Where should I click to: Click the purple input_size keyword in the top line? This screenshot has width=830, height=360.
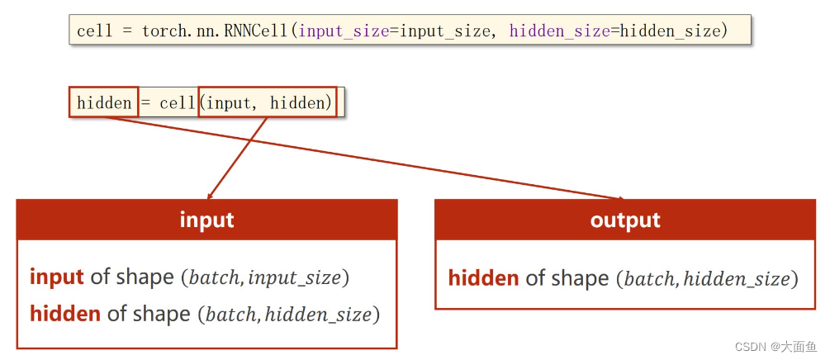(x=343, y=31)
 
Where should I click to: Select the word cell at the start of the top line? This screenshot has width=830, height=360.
(x=94, y=31)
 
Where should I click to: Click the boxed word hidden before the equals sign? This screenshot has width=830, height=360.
(x=104, y=102)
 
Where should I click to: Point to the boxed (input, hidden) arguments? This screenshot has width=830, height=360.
(x=268, y=102)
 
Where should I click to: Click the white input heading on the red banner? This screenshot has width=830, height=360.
(x=206, y=220)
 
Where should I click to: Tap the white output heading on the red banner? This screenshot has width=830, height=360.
(x=625, y=220)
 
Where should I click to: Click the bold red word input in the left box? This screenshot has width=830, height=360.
(x=57, y=277)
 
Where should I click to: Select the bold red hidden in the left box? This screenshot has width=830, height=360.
(x=65, y=313)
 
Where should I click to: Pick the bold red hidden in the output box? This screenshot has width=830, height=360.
(x=484, y=278)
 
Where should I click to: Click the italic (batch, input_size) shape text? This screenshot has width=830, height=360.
(x=265, y=277)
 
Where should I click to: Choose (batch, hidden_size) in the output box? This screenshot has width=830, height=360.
(x=707, y=279)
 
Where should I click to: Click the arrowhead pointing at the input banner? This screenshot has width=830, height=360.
(x=210, y=197)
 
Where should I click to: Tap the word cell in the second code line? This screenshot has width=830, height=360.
(x=177, y=102)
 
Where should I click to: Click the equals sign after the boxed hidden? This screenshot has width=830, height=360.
(x=146, y=102)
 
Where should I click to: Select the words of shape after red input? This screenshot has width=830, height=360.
(x=132, y=277)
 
